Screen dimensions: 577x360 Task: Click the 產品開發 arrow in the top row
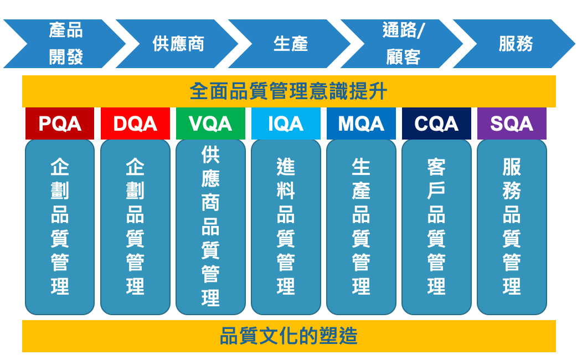coord(66,44)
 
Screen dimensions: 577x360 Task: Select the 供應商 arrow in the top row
coord(178,44)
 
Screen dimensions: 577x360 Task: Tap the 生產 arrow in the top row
coord(291,44)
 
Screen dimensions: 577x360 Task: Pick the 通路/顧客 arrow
coord(403,44)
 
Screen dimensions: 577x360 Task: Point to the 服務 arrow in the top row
coord(515,44)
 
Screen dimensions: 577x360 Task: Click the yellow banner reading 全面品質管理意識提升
coord(289,91)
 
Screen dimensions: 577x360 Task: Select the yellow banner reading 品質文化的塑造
coord(289,336)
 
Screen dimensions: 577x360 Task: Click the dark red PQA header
coord(60,124)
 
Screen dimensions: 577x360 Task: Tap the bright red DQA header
coord(135,124)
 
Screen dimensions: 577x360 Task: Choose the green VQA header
coord(210,124)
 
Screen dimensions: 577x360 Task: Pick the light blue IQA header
coord(286,124)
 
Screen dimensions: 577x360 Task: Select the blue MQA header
coord(361,124)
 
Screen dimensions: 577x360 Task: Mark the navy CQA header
coord(436,124)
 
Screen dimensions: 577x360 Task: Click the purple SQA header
coord(512,124)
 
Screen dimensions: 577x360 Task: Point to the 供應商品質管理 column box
coord(210,227)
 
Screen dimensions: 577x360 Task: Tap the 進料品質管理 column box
coord(286,227)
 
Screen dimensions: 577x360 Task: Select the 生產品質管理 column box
coord(361,227)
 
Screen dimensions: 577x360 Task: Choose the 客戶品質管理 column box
coord(436,227)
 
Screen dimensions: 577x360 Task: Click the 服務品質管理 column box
coord(512,227)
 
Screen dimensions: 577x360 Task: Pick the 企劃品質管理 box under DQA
coord(135,227)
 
